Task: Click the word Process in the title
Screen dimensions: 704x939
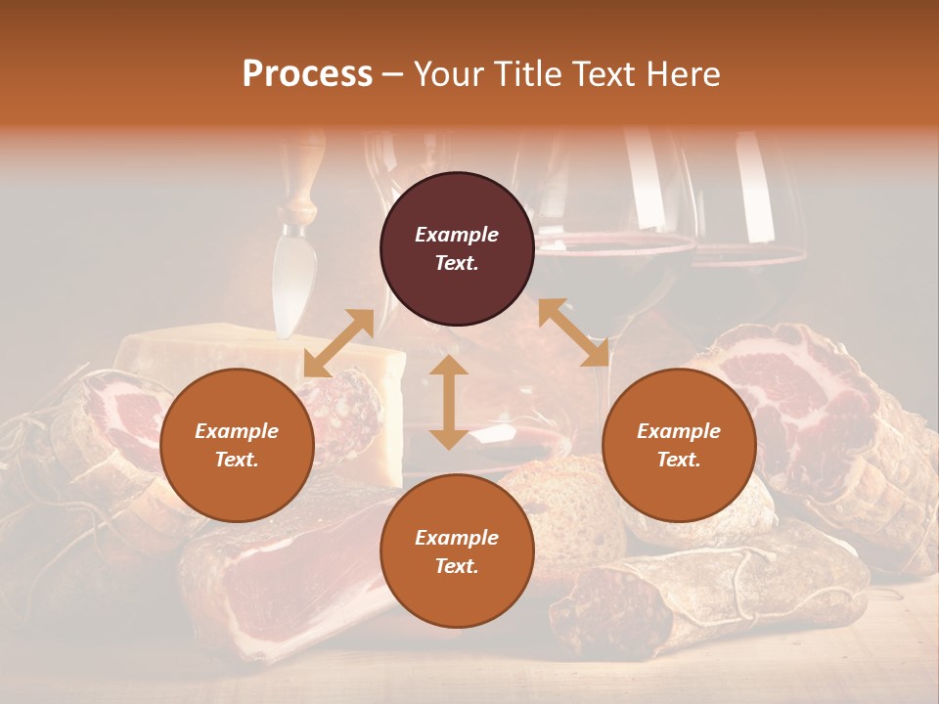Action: pos(307,74)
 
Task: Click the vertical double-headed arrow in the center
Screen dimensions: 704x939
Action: pos(449,402)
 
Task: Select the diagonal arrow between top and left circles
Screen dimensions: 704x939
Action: pos(338,342)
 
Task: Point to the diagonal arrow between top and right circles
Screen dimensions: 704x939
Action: pos(573,332)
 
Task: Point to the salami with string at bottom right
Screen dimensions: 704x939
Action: pos(704,596)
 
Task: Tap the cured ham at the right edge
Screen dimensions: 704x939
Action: pos(831,411)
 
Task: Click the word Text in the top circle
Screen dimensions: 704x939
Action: pos(457,263)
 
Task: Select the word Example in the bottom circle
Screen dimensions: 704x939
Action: pos(457,538)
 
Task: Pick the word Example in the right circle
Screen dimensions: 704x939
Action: pos(679,431)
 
